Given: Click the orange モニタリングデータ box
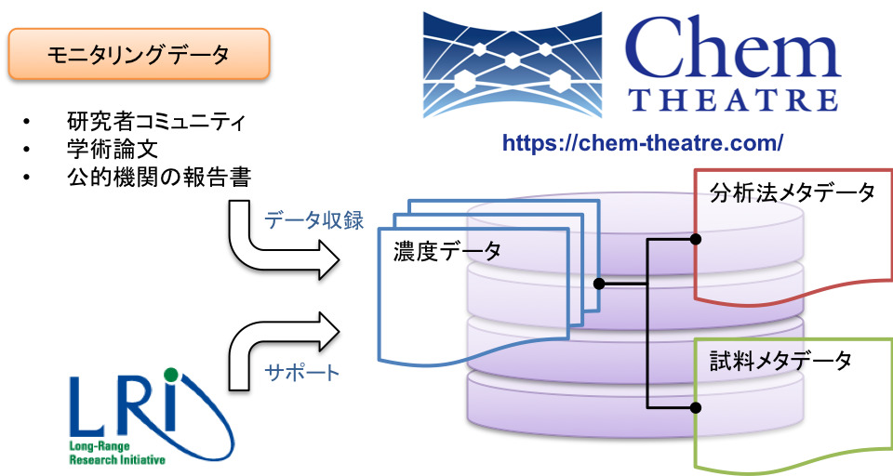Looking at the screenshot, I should pyautogui.click(x=139, y=55).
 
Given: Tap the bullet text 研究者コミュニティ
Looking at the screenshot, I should pyautogui.click(x=156, y=123).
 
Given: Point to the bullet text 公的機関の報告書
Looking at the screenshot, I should pyautogui.click(x=158, y=177).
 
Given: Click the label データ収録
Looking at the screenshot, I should pyautogui.click(x=313, y=220).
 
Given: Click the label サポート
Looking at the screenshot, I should pyautogui.click(x=302, y=373).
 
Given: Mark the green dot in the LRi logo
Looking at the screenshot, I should pyautogui.click(x=169, y=376).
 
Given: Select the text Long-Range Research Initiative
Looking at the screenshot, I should pyautogui.click(x=116, y=454).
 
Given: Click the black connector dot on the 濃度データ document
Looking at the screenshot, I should pyautogui.click(x=599, y=283).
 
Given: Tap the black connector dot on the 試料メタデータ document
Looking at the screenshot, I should pyautogui.click(x=696, y=407).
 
